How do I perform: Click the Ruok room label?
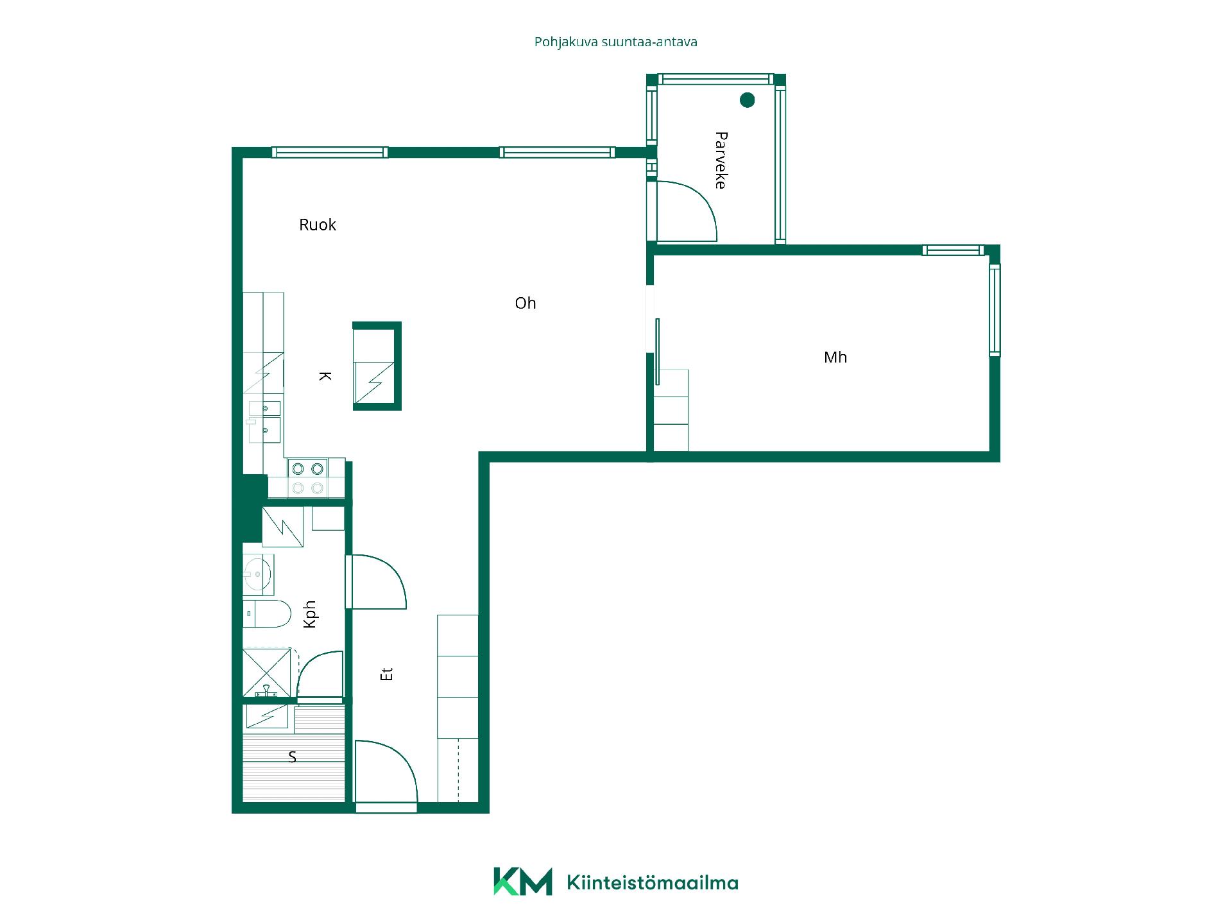(x=318, y=225)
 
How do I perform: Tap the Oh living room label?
(x=526, y=303)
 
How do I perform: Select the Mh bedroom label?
(x=835, y=357)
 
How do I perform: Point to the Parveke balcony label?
(x=721, y=160)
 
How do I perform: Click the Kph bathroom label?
(x=311, y=614)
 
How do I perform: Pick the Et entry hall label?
(x=386, y=674)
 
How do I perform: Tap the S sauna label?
(x=293, y=757)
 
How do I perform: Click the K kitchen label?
(x=325, y=376)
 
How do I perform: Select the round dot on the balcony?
(x=747, y=100)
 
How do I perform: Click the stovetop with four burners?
(x=307, y=479)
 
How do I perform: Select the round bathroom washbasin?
(x=259, y=574)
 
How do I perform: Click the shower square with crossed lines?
(x=266, y=672)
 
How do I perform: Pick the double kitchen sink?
(x=265, y=421)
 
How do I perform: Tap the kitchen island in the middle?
(x=377, y=366)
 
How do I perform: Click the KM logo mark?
(x=522, y=882)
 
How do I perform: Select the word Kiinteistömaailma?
(x=653, y=883)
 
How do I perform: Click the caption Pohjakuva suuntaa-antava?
(x=616, y=42)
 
